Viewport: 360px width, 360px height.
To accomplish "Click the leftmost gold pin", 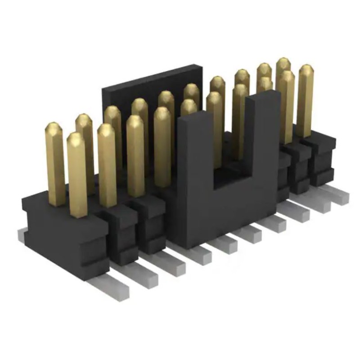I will pyautogui.click(x=56, y=166).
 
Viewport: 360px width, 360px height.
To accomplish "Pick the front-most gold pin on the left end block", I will pyautogui.click(x=78, y=175).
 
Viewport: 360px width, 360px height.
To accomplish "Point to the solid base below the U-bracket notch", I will pyautogui.click(x=229, y=211).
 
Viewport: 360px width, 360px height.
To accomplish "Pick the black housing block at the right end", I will pyautogui.click(x=322, y=157).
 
